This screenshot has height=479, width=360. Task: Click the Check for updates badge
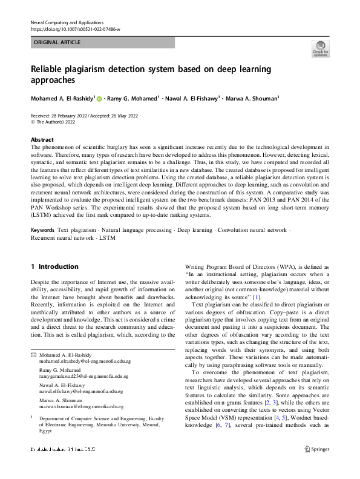pyautogui.click(x=320, y=48)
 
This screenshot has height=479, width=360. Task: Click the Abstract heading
pyautogui.click(x=42, y=139)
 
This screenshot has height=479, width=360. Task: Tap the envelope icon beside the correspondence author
pyautogui.click(x=33, y=354)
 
